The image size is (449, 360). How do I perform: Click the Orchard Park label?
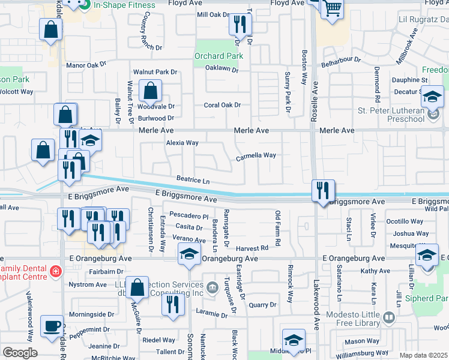(218, 56)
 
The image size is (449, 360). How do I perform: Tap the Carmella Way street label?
(256, 155)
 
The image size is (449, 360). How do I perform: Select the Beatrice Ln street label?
(193, 179)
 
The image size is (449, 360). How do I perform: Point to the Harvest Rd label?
(251, 248)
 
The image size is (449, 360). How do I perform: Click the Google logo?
(20, 353)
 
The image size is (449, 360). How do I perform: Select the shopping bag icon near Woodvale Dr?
(149, 92)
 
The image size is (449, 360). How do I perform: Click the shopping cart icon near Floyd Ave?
(331, 8)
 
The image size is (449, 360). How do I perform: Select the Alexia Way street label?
(182, 143)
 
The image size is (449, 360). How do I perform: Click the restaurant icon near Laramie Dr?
(172, 304)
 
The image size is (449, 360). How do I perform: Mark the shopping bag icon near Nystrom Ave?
(137, 288)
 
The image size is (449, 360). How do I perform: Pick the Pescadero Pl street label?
(188, 216)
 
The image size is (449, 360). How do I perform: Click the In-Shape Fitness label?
(124, 5)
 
